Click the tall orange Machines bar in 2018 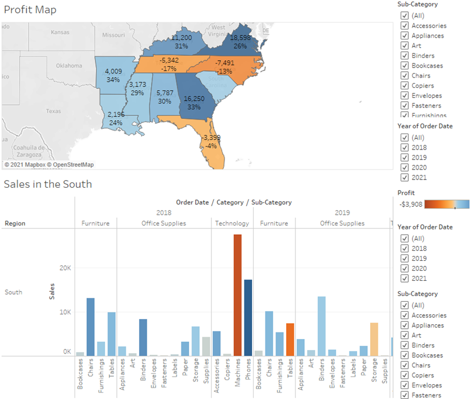pyautogui.click(x=237, y=295)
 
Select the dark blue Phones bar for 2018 pyautogui.click(x=248, y=318)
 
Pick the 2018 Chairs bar pyautogui.click(x=90, y=327)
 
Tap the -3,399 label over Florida pyautogui.click(x=210, y=138)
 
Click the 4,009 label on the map pyautogui.click(x=113, y=71)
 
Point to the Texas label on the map pyautogui.click(x=53, y=111)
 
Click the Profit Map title pyautogui.click(x=30, y=10)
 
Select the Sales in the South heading pyautogui.click(x=48, y=184)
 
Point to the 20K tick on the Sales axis pyautogui.click(x=65, y=268)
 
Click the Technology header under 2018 pyautogui.click(x=231, y=224)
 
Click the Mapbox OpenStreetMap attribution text pyautogui.click(x=49, y=165)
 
